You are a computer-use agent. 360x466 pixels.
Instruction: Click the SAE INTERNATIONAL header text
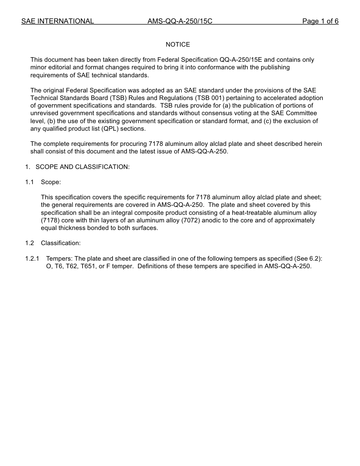tap(58, 21)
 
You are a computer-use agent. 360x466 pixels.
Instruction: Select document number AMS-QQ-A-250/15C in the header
tap(180, 21)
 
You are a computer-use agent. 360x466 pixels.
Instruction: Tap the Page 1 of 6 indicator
tap(320, 21)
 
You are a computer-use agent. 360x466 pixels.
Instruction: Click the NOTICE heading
tap(178, 45)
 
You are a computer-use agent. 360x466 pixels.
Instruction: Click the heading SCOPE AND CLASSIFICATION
tap(83, 167)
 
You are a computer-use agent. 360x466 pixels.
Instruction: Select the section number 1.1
tap(30, 182)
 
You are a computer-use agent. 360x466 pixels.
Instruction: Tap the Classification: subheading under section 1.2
tap(61, 243)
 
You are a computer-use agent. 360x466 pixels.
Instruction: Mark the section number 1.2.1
tap(32, 259)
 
